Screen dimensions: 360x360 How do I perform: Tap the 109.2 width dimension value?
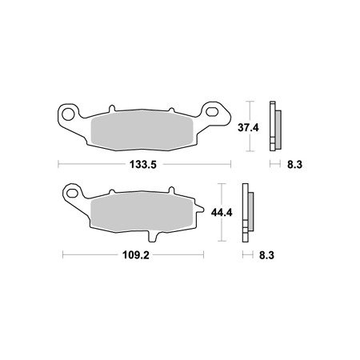pyautogui.click(x=132, y=255)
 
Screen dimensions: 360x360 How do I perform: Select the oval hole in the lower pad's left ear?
pyautogui.click(x=73, y=194)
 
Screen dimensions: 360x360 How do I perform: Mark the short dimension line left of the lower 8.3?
pyautogui.click(x=246, y=255)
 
